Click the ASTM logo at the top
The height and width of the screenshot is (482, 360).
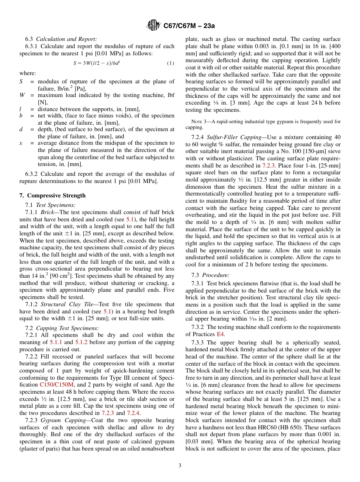point(153,26)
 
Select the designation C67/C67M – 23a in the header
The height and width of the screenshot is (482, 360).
point(189,26)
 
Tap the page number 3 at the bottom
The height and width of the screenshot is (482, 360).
point(180,466)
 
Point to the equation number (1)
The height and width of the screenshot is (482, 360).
point(171,63)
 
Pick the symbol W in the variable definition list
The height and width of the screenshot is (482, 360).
point(22,95)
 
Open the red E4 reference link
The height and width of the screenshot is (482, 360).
point(221,334)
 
